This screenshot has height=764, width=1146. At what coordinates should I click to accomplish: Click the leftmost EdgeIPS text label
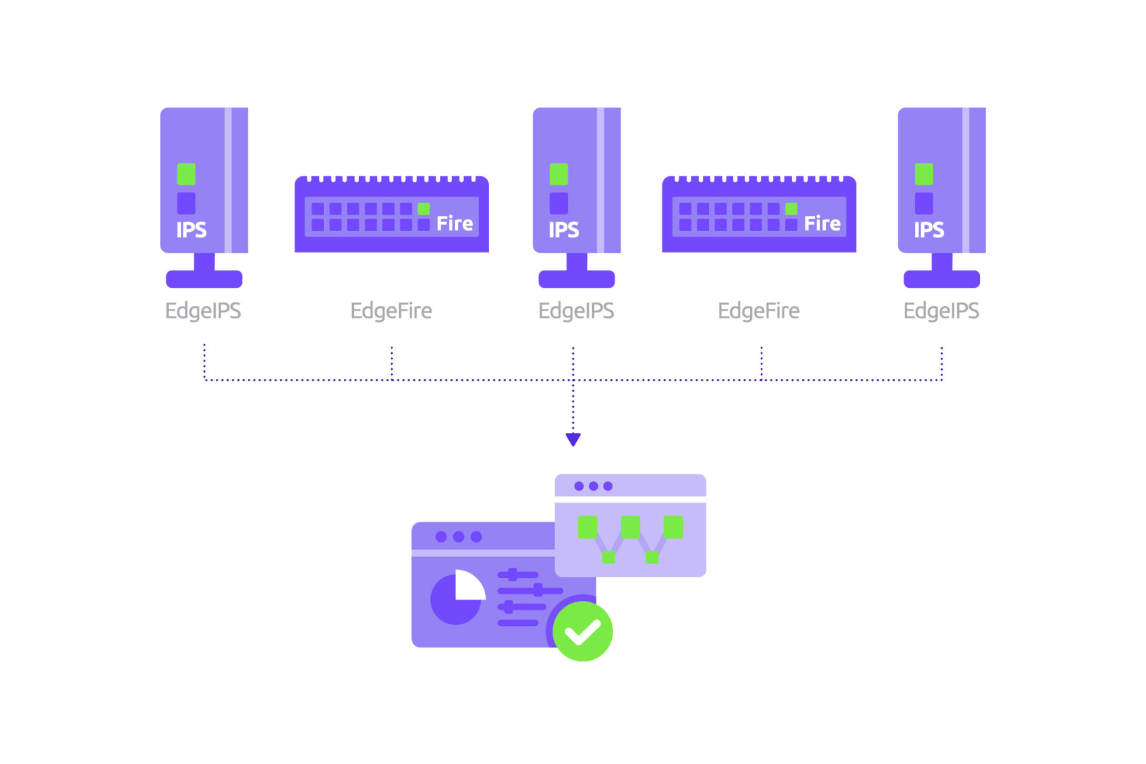click(202, 311)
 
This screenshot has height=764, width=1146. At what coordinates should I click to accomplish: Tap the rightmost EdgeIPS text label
click(941, 311)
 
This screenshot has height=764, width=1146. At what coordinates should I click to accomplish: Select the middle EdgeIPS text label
click(576, 311)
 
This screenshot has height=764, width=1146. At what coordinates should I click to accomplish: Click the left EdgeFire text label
click(391, 311)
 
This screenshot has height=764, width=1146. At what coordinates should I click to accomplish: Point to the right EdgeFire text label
click(758, 311)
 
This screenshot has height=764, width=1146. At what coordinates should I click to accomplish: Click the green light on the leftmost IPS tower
click(186, 174)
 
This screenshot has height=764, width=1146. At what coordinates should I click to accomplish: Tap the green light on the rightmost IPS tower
click(923, 174)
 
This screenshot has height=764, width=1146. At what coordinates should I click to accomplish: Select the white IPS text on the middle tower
click(563, 230)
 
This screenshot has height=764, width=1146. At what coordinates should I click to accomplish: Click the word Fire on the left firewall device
click(455, 223)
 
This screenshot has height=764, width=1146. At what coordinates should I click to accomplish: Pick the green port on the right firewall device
click(791, 209)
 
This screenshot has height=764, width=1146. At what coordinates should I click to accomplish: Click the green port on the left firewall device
click(423, 209)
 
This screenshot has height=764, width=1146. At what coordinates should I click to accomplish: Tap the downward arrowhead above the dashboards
click(573, 439)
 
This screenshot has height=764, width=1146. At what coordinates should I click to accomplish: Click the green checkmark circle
click(583, 632)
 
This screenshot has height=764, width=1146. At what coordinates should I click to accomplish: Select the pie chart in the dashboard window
click(456, 598)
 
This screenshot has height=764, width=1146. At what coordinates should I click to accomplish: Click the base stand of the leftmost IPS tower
click(204, 279)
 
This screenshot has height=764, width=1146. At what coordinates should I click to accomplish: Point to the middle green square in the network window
click(630, 527)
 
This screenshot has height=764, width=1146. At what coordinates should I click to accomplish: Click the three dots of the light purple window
click(593, 486)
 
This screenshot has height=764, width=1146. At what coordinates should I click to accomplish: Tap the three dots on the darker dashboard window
click(458, 537)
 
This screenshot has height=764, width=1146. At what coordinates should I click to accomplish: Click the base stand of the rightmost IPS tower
click(941, 279)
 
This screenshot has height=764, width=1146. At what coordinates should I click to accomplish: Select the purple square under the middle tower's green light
click(558, 203)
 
